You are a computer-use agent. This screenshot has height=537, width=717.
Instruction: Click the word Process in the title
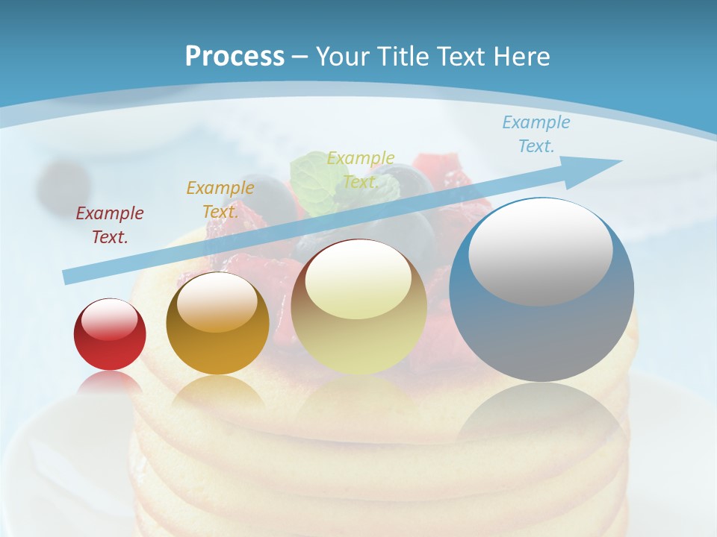(235, 56)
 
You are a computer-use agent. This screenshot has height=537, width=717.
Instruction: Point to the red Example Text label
(110, 225)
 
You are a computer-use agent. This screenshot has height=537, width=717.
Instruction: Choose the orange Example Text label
(220, 200)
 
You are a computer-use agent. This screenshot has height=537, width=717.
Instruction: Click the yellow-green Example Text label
(361, 170)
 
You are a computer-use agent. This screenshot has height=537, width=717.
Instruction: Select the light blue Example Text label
(536, 134)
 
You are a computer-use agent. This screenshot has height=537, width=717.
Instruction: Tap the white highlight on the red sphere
(110, 319)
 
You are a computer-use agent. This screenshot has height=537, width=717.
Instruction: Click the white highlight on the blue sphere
(540, 251)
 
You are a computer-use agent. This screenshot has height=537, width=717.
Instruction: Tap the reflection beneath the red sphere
(110, 382)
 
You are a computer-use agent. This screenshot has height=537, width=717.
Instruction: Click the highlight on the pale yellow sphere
(358, 280)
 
